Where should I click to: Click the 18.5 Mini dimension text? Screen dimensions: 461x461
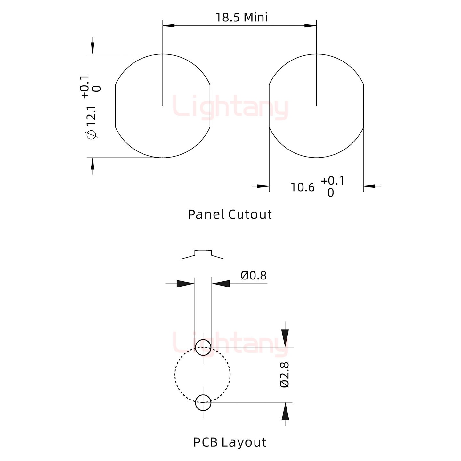point(241,18)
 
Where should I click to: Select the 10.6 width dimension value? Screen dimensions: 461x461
point(303,188)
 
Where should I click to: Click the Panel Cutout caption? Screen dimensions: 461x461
point(230,214)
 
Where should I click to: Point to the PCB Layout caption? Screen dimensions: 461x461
point(230,442)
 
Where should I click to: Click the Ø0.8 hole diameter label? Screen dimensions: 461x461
point(254,276)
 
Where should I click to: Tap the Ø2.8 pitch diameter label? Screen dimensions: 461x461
point(285,375)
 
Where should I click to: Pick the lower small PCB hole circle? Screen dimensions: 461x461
point(203,403)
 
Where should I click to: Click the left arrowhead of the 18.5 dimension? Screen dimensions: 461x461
point(168,25)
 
